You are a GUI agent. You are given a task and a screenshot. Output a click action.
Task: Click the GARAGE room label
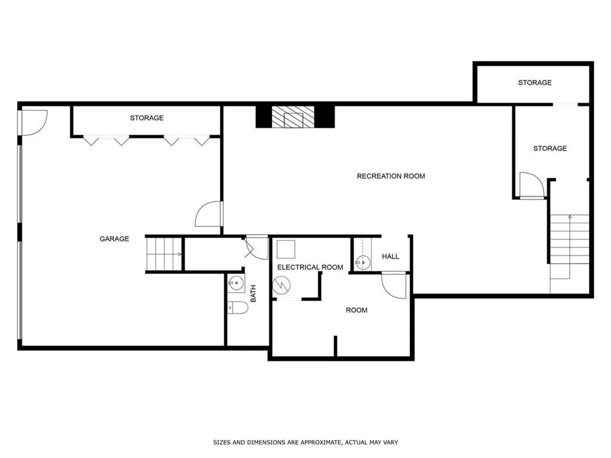(x=114, y=239)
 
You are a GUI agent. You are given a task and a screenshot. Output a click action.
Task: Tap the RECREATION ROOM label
(x=391, y=176)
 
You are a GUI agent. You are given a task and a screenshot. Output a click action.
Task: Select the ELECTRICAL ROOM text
(x=310, y=267)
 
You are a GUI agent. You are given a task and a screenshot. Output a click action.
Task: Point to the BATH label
(x=253, y=293)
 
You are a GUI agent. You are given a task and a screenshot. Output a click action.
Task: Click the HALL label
(x=390, y=256)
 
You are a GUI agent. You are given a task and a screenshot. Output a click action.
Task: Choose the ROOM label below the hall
(x=357, y=310)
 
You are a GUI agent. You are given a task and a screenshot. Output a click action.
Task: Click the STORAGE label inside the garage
(x=147, y=117)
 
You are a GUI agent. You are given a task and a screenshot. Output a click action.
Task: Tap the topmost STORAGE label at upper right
(x=535, y=82)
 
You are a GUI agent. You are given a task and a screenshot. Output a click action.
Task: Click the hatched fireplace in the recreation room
(x=293, y=117)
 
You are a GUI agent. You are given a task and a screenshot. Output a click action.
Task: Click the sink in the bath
(x=236, y=283)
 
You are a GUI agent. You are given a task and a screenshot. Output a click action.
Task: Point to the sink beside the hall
(x=362, y=263)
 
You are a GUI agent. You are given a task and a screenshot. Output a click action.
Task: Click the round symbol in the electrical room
(x=282, y=286)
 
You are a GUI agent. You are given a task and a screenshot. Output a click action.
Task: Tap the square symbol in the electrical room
(x=286, y=250)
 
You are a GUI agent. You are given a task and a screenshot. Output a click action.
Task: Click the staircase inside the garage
(x=164, y=254)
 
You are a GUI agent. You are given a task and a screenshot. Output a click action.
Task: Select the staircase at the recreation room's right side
(x=570, y=239)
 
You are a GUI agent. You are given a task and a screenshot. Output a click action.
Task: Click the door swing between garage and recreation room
(x=209, y=214)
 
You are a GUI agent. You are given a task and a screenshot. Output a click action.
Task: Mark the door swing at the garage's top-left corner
(x=34, y=123)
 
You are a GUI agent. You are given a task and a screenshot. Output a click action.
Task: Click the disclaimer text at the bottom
(x=305, y=442)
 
